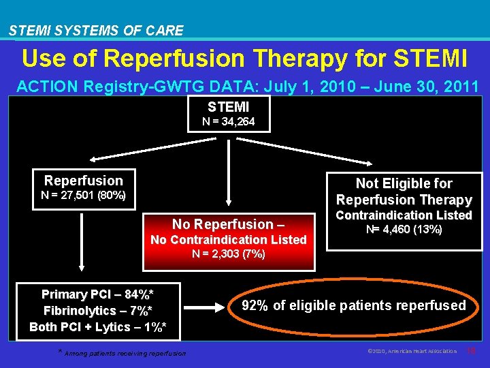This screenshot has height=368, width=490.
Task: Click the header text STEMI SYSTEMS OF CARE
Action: (x=96, y=31)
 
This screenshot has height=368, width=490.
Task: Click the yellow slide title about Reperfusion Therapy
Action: (x=244, y=59)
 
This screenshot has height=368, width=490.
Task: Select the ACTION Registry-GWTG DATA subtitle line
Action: (x=248, y=87)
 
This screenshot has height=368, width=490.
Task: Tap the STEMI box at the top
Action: (x=228, y=113)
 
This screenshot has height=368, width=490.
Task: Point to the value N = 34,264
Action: (x=228, y=122)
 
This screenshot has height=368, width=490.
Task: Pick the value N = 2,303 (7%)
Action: (x=229, y=254)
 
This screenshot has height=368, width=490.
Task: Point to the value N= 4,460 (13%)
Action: (x=404, y=230)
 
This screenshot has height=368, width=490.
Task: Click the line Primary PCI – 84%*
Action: (x=97, y=294)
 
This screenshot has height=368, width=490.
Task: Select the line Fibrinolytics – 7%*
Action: (x=97, y=311)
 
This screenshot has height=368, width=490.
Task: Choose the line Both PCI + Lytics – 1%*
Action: (x=97, y=327)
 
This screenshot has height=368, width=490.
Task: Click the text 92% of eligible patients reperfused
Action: (x=355, y=305)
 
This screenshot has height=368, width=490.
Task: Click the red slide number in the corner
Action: (x=471, y=351)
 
